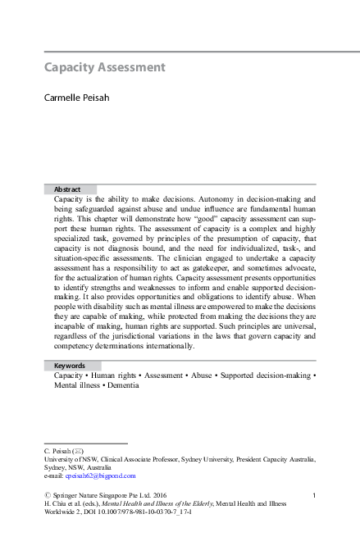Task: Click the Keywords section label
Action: coord(70,366)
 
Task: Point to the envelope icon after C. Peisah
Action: coord(78,452)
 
